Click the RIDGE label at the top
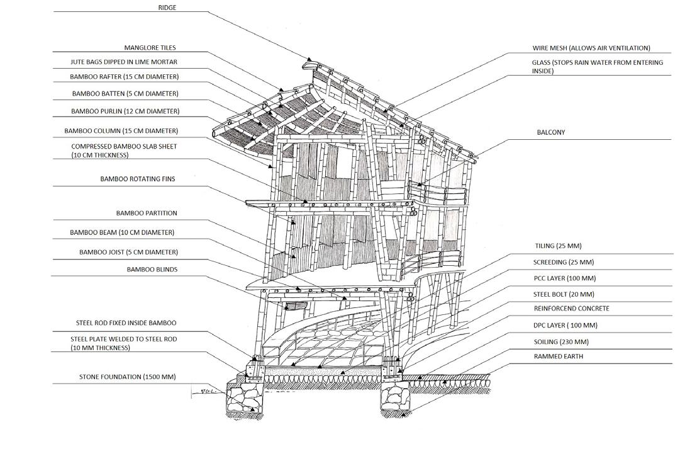[x=167, y=8]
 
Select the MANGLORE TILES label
[x=150, y=48]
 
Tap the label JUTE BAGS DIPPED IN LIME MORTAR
[x=124, y=62]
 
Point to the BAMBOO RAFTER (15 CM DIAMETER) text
[x=125, y=77]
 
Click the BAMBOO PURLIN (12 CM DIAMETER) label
[x=125, y=111]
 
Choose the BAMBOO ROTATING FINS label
[x=138, y=179]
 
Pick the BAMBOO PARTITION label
[x=147, y=213]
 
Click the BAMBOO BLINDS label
[x=152, y=270]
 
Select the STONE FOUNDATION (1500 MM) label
[x=128, y=377]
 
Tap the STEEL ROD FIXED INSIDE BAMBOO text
[x=126, y=323]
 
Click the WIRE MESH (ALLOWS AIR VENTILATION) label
[x=591, y=48]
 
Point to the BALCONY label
[x=551, y=132]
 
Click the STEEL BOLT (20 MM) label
[x=564, y=294]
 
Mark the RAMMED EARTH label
[x=559, y=357]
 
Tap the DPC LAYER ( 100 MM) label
[x=566, y=326]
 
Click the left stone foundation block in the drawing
[x=245, y=399]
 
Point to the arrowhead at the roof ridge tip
[x=309, y=59]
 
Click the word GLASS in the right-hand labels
[x=541, y=62]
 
